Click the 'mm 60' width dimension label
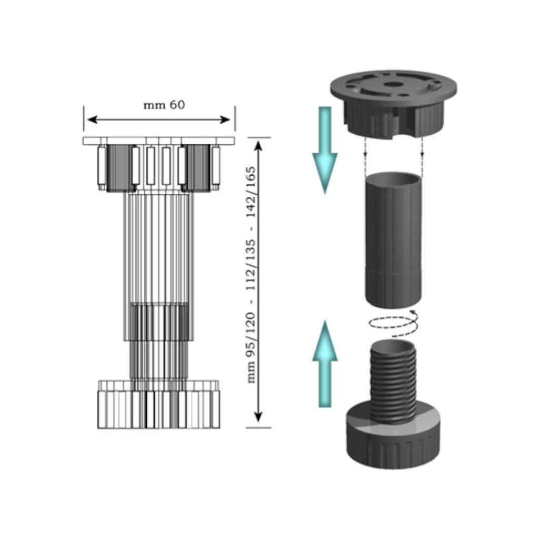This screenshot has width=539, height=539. click(x=164, y=105)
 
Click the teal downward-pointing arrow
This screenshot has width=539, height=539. click(x=325, y=150)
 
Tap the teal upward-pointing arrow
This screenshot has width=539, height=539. click(x=325, y=364)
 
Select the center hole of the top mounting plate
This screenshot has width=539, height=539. click(x=391, y=84)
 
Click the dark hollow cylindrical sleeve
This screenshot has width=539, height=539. click(x=393, y=241)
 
